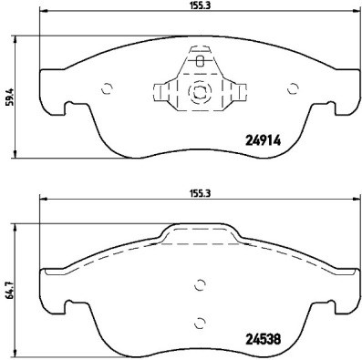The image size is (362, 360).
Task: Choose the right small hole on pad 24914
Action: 293,89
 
